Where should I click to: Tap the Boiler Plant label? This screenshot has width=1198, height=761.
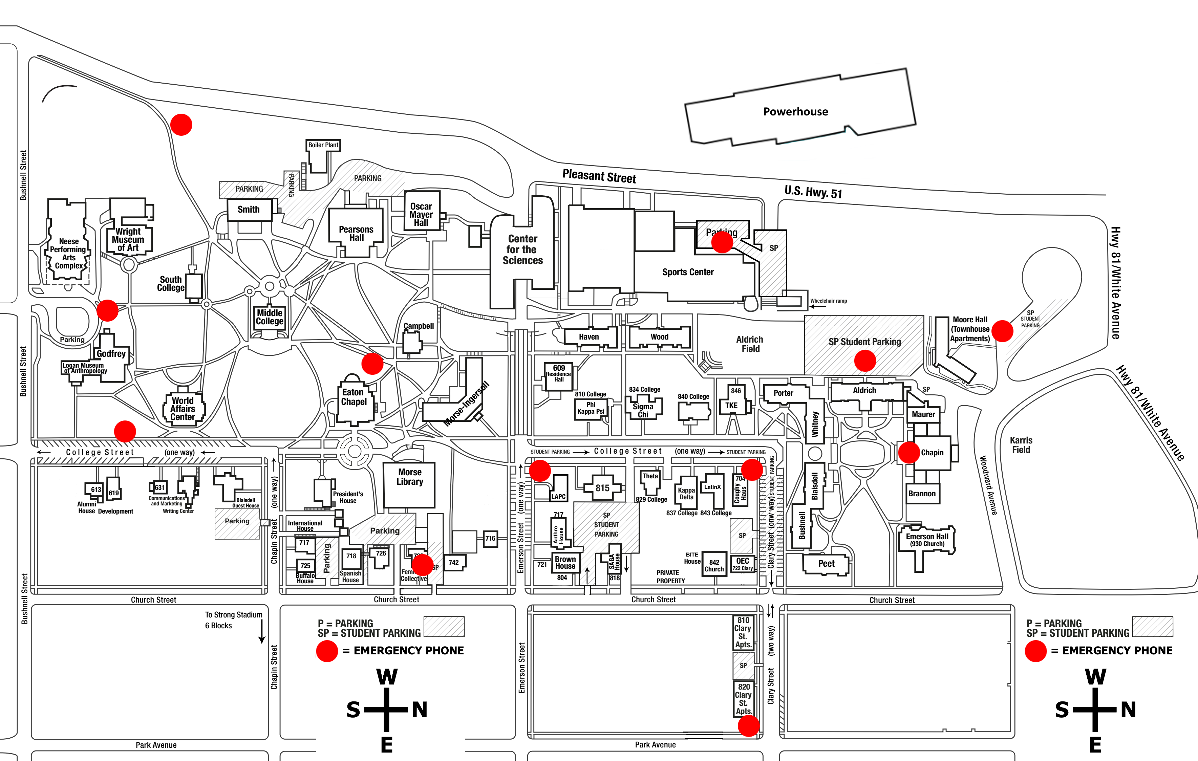click(323, 145)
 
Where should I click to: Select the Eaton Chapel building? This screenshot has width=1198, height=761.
click(354, 397)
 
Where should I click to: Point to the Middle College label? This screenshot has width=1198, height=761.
click(270, 317)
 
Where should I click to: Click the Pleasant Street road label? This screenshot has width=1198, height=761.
click(599, 176)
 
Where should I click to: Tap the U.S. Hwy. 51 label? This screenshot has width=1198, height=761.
click(813, 192)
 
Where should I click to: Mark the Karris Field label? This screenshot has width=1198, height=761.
click(1021, 445)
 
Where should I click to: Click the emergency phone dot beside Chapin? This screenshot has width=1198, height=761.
click(908, 453)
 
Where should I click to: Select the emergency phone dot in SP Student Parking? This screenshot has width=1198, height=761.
click(865, 361)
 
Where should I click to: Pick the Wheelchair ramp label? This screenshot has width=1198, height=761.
click(828, 301)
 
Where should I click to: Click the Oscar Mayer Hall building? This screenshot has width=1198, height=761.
click(421, 214)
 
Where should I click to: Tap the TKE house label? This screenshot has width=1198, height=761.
click(731, 405)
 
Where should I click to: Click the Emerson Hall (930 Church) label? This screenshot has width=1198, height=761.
click(927, 540)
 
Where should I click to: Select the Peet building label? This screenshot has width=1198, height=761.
click(826, 564)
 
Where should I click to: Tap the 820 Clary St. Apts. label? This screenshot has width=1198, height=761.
click(743, 699)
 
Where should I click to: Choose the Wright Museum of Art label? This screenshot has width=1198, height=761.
click(128, 239)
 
